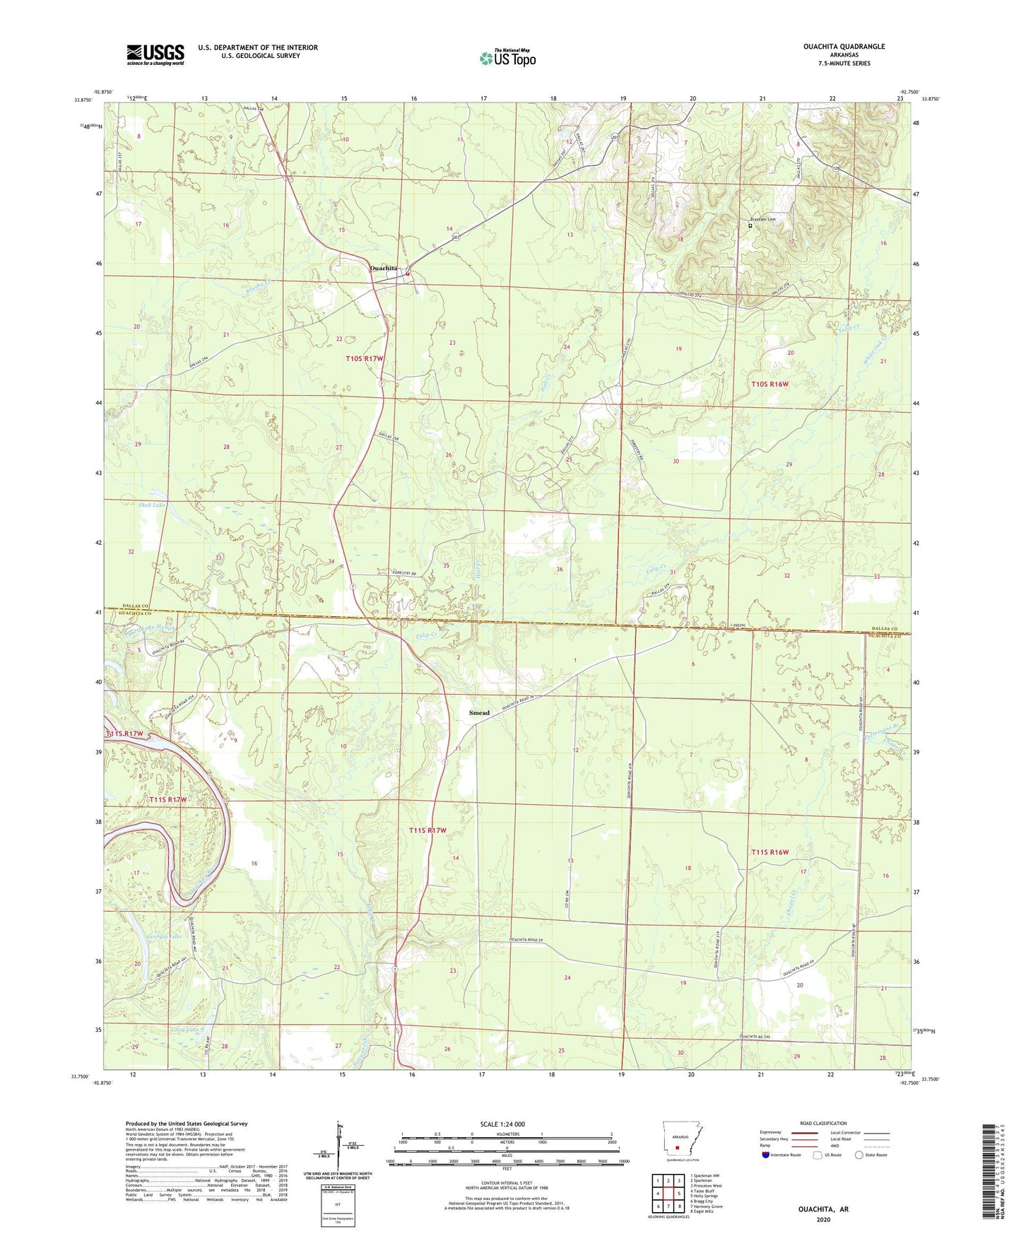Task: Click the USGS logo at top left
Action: pyautogui.click(x=155, y=54)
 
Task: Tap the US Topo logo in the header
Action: pyautogui.click(x=507, y=58)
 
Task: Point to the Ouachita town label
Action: pyautogui.click(x=384, y=269)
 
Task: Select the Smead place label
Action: pyautogui.click(x=479, y=713)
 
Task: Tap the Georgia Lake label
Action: pyautogui.click(x=164, y=937)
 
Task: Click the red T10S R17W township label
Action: pyautogui.click(x=365, y=359)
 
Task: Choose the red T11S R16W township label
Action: pyautogui.click(x=769, y=852)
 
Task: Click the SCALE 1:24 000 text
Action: pyautogui.click(x=502, y=1124)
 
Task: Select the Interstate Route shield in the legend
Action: pyautogui.click(x=767, y=1155)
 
